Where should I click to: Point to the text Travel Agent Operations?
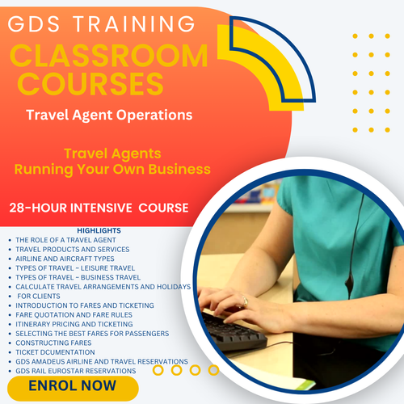tap(109, 115)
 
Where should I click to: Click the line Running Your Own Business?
tap(112, 169)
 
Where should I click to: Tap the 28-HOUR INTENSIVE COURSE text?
tap(99, 208)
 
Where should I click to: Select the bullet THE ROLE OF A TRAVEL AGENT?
tap(65, 240)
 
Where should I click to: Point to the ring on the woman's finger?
tap(245, 301)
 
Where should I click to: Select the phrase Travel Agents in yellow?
tap(112, 153)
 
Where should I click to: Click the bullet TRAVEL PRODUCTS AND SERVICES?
tap(72, 249)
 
